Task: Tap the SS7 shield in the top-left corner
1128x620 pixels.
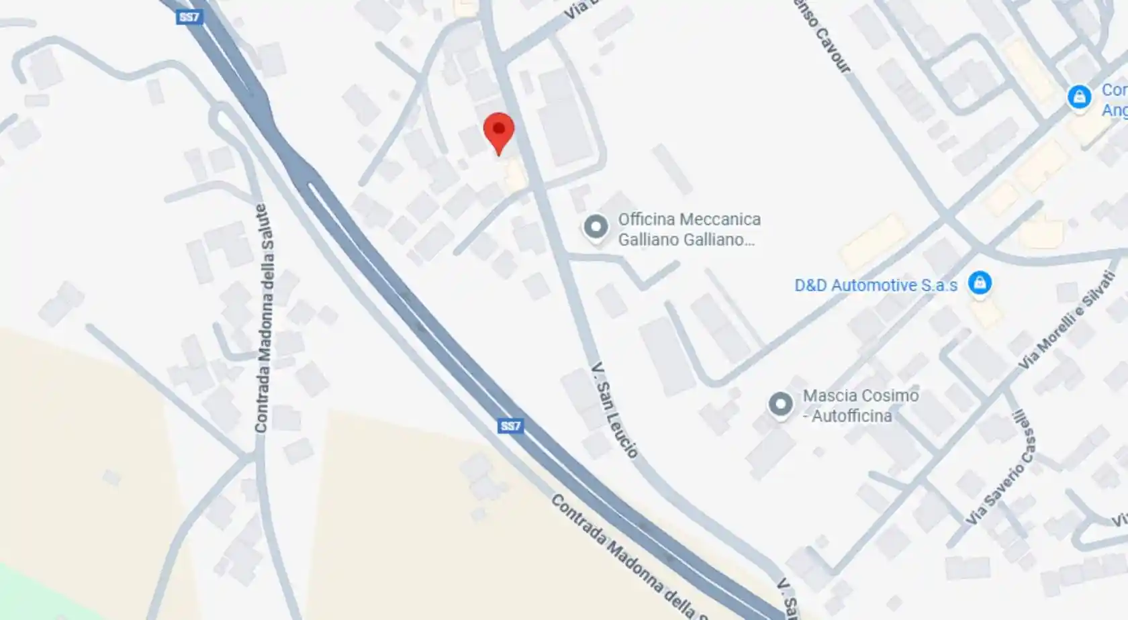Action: (189, 17)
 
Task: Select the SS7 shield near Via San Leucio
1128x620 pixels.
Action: (510, 426)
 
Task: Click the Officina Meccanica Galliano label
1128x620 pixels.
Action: (689, 229)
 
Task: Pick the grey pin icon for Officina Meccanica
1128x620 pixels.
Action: (596, 227)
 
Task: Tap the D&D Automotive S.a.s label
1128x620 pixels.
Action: (876, 285)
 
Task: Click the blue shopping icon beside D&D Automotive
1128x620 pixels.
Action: (980, 282)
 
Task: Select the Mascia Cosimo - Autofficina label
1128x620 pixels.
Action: (860, 405)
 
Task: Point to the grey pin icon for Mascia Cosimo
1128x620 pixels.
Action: (780, 404)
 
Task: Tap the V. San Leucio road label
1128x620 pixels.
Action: (614, 411)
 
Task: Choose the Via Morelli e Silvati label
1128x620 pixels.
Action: (1066, 329)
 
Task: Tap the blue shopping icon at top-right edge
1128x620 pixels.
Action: (1079, 97)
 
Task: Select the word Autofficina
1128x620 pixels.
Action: (851, 416)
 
